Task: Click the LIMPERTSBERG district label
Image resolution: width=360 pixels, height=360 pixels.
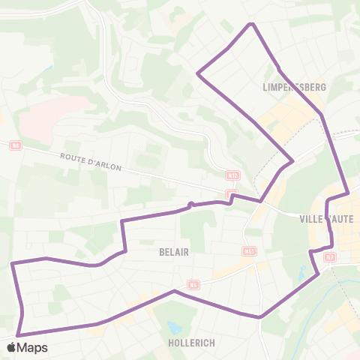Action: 295,87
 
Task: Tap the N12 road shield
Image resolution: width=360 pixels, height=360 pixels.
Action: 232,175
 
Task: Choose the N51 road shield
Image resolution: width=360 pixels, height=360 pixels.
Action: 250,251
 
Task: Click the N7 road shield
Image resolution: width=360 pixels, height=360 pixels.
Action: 330,257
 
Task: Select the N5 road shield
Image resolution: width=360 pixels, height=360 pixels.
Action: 194,284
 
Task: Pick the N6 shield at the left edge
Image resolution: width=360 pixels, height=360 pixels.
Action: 15,145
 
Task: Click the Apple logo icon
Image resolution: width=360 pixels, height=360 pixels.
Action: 11,347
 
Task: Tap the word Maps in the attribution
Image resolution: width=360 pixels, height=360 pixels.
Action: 32,347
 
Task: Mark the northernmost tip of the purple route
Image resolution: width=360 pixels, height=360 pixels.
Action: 253,24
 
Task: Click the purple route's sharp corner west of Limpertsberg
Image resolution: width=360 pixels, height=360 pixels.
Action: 197,73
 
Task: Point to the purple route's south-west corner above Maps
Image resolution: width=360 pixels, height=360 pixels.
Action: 17,334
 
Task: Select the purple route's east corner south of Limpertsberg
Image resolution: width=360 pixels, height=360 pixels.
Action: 292,160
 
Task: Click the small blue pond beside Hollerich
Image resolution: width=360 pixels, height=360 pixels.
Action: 175,328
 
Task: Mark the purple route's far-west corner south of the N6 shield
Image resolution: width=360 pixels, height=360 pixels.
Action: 12,263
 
